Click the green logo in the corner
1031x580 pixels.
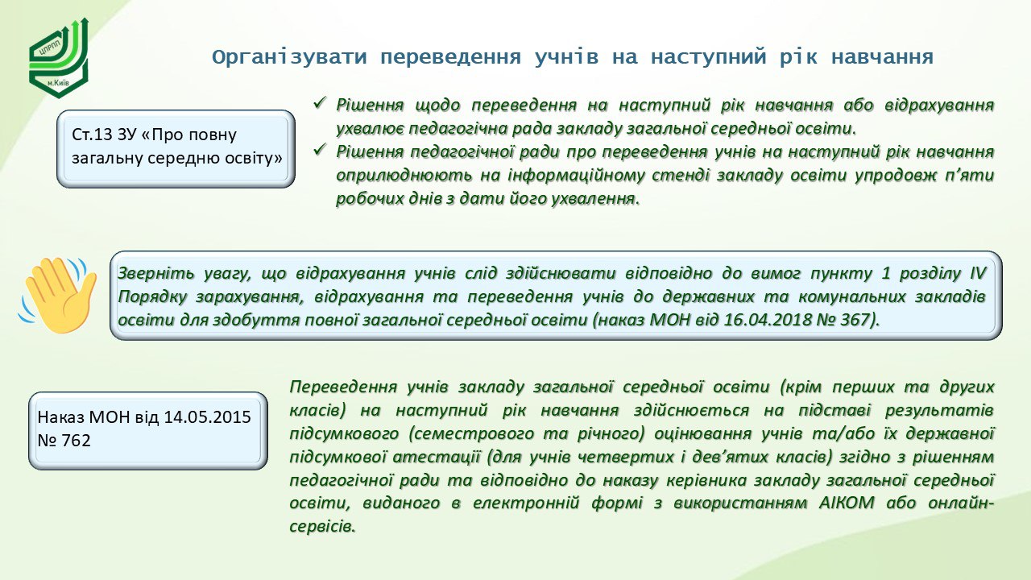click(x=59, y=58)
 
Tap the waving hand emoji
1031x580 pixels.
click(x=57, y=295)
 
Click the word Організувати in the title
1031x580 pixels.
click(x=289, y=57)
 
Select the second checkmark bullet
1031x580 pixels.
click(x=320, y=150)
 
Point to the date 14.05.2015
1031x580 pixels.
click(x=207, y=416)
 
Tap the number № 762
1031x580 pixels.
click(x=64, y=440)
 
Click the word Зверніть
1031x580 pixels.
click(x=156, y=273)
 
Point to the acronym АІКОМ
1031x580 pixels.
click(x=847, y=502)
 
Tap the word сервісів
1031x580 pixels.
click(x=322, y=526)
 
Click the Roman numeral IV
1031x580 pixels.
click(x=978, y=273)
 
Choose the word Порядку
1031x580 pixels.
click(x=152, y=296)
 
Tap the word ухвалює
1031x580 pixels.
click(x=370, y=128)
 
